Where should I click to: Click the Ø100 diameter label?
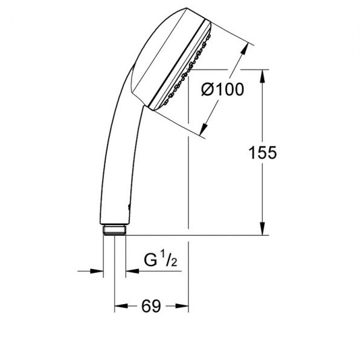pos(222,90)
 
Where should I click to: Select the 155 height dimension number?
pos(263,153)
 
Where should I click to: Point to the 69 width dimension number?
pos(152,307)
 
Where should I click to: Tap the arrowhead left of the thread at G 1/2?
pos(97,271)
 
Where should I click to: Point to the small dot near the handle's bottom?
pos(127,208)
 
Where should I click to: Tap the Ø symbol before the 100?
pos(206,90)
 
